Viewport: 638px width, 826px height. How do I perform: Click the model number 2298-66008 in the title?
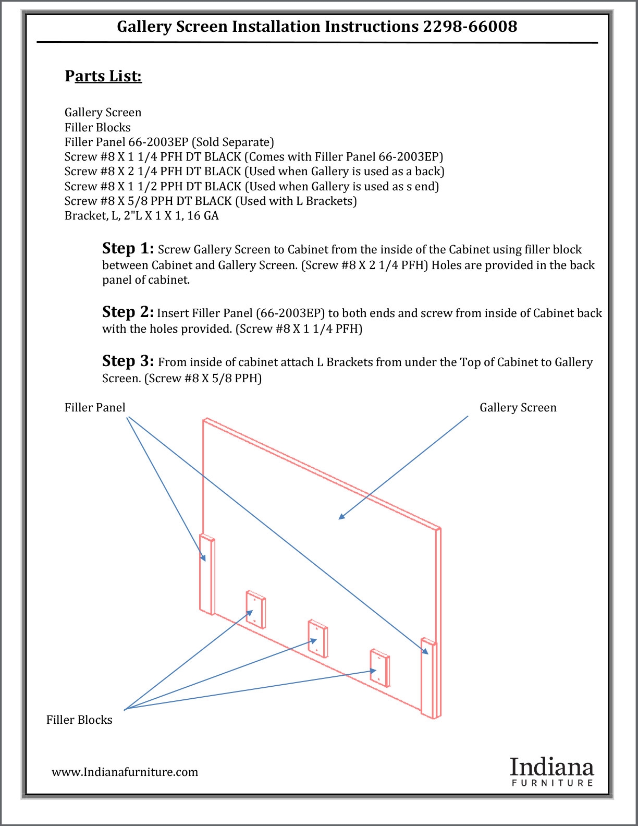470,27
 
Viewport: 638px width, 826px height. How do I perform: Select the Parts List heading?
103,76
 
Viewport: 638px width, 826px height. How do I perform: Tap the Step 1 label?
128,248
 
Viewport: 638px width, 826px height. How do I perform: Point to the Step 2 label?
128,312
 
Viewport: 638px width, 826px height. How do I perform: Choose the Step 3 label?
128,361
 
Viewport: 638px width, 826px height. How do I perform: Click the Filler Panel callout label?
95,407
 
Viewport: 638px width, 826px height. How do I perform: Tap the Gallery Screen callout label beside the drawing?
518,407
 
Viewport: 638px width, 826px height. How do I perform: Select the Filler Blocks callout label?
79,720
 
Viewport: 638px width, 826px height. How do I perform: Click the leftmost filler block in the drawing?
256,609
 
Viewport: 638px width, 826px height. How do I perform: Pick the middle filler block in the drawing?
317,638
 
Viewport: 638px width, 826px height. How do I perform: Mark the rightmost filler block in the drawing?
379,667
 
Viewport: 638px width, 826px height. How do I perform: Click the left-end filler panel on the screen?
207,574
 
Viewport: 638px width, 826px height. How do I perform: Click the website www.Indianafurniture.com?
125,772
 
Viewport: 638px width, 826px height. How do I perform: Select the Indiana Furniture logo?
551,771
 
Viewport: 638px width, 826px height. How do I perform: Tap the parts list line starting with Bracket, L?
141,215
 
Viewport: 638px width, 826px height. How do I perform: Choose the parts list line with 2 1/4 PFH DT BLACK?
254,171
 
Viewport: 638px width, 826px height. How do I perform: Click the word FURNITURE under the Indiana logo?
552,783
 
